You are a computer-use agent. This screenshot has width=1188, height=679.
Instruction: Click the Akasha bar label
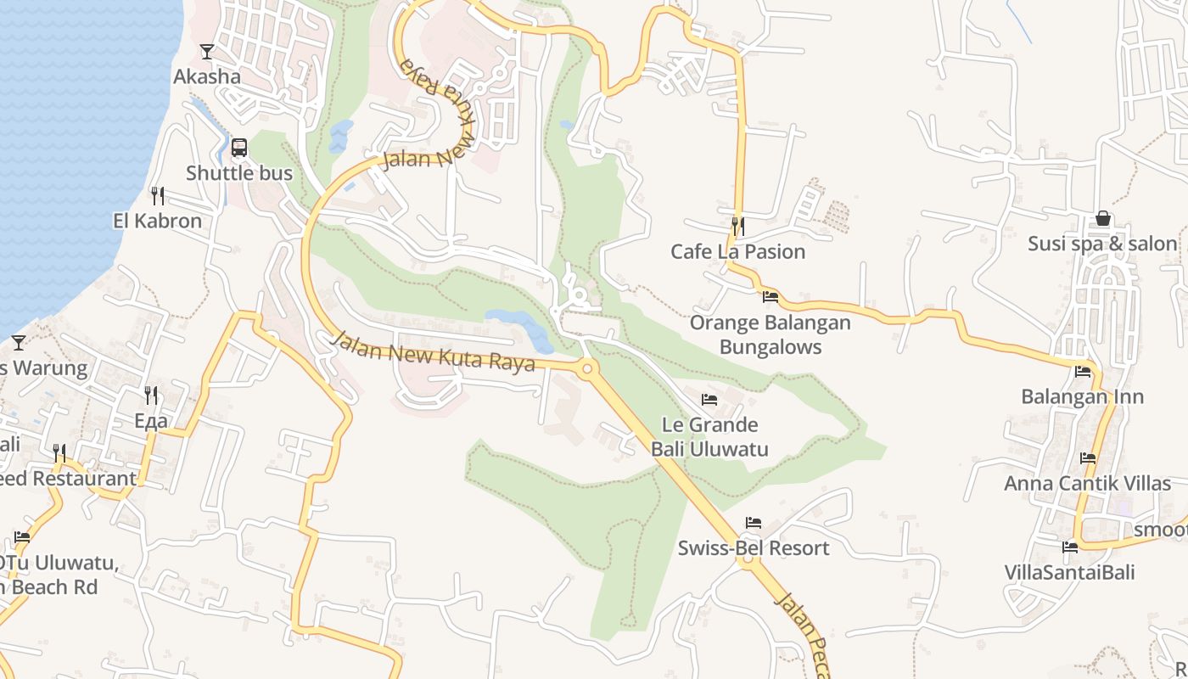tap(207, 76)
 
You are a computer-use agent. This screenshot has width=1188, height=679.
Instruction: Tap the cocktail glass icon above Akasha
tap(207, 52)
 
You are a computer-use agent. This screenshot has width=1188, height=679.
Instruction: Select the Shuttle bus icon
tap(239, 148)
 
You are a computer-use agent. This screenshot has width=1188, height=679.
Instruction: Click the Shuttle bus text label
tap(239, 173)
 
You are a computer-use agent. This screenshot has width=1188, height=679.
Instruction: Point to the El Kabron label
tap(158, 221)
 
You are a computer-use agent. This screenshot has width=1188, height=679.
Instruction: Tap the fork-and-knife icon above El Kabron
tap(158, 196)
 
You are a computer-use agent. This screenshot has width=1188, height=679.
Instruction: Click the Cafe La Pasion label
tap(737, 251)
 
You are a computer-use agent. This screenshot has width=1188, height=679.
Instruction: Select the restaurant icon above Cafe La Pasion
tap(738, 227)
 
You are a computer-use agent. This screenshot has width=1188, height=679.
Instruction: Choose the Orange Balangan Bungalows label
tap(770, 334)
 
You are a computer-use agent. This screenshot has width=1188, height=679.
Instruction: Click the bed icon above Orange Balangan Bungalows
tap(771, 297)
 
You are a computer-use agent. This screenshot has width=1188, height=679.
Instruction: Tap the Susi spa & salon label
tap(1102, 244)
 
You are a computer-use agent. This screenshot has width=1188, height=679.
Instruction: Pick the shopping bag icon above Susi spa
tap(1102, 218)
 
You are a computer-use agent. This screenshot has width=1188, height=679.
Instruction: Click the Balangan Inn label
tap(1082, 396)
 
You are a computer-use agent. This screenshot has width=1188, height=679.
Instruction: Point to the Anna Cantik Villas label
tap(1087, 483)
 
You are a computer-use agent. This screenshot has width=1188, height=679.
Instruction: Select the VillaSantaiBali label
tap(1069, 572)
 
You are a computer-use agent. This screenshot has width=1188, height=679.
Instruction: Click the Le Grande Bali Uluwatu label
tap(709, 436)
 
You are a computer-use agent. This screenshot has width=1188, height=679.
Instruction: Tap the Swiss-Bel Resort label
tap(753, 547)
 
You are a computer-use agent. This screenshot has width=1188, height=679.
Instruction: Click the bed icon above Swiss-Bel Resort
tap(754, 523)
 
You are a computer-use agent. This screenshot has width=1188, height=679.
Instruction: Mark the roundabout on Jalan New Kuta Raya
tap(586, 368)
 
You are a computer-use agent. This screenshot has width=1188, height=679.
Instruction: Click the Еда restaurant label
tap(151, 420)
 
